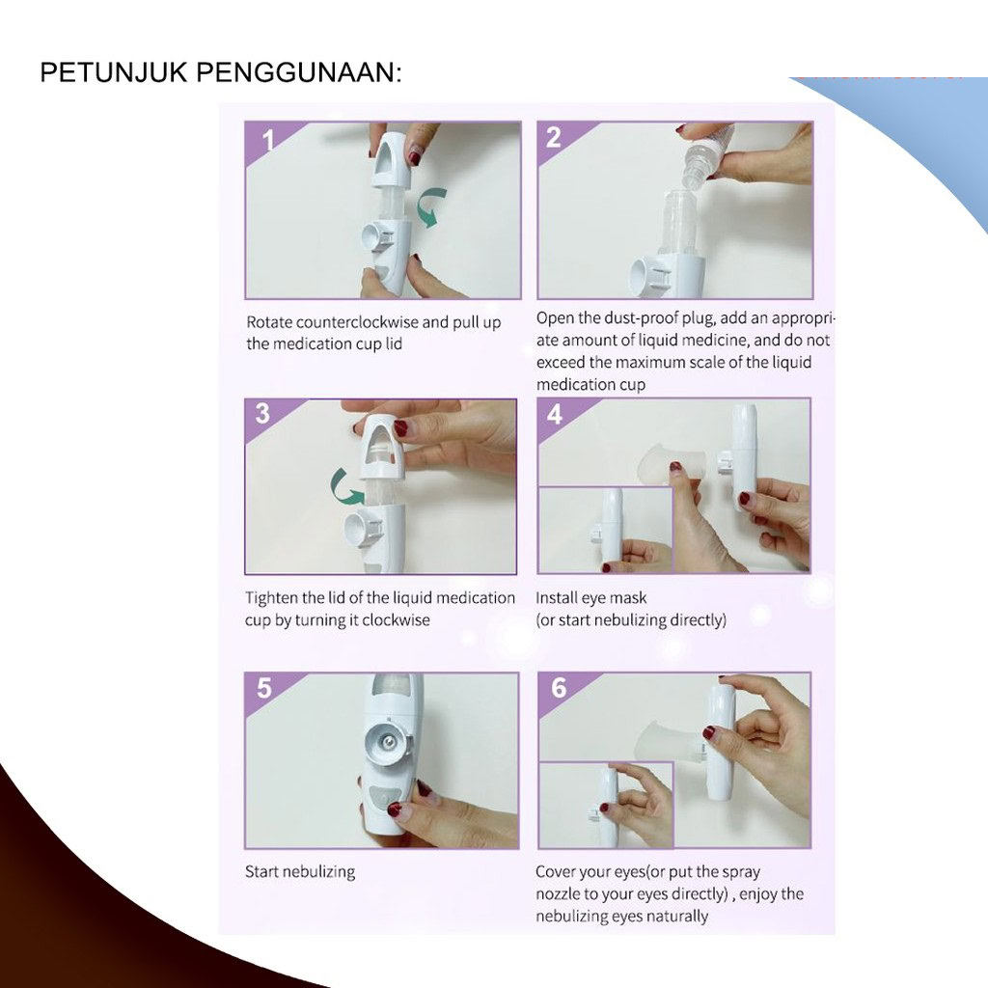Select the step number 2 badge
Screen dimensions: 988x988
[553, 137]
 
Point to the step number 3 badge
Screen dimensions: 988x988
[262, 413]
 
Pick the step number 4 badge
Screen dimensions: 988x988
[555, 415]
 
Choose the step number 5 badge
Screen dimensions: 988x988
[264, 687]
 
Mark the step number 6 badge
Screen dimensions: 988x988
[559, 687]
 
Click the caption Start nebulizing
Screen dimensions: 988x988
[300, 871]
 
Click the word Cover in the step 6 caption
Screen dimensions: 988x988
[555, 871]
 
